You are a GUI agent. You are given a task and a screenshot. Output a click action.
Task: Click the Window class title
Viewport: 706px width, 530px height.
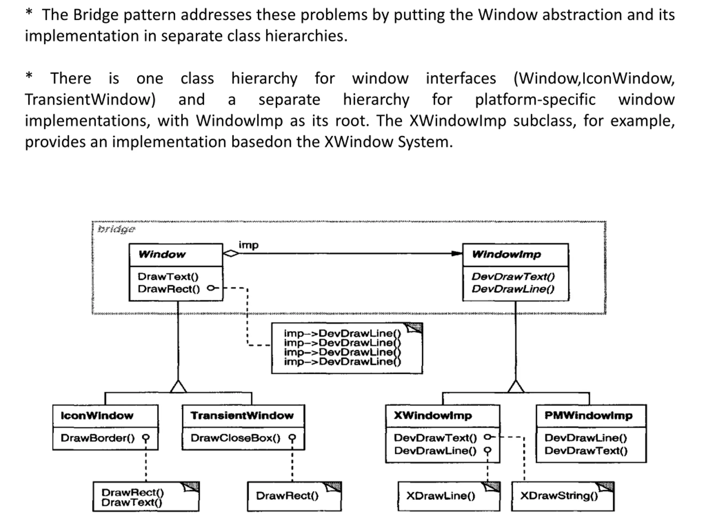point(162,254)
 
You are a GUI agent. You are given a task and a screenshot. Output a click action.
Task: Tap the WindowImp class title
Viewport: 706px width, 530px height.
point(507,254)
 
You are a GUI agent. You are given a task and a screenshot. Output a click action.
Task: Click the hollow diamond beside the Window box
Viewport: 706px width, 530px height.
point(231,253)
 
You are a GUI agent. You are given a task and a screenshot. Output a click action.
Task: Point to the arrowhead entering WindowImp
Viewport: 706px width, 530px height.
point(457,253)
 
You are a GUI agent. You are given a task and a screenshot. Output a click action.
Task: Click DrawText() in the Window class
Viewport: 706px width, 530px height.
point(168,276)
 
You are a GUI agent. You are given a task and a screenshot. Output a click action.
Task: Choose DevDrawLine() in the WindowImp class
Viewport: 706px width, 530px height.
point(513,289)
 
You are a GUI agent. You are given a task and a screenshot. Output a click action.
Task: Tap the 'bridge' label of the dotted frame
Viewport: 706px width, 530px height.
point(116,229)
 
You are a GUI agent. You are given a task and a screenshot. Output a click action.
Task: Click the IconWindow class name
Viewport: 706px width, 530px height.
point(97,415)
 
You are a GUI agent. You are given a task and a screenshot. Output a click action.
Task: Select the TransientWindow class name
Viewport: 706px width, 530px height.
point(242,415)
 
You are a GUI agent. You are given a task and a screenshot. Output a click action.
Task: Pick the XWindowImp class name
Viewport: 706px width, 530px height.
point(433,415)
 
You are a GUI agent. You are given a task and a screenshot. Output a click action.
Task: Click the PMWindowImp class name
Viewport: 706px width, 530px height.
point(588,415)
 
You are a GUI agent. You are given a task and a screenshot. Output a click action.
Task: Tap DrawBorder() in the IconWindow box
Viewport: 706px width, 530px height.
point(98,438)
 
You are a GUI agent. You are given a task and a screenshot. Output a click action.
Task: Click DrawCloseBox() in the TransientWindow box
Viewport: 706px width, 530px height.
point(236,438)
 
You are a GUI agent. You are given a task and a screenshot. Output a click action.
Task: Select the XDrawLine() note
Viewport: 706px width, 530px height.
point(449,496)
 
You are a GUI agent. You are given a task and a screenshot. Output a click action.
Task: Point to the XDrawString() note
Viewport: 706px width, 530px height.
point(563,496)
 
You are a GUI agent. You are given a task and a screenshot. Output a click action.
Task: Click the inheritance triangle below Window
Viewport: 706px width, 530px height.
point(178,386)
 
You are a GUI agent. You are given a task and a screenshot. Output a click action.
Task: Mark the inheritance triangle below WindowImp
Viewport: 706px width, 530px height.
point(515,386)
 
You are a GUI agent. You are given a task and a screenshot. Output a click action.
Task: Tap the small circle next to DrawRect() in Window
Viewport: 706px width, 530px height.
point(211,288)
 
